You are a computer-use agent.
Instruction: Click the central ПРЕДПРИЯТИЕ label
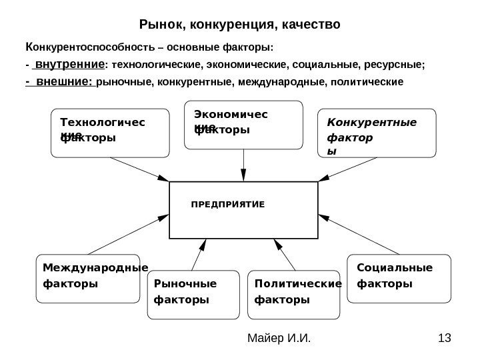(x=227, y=201)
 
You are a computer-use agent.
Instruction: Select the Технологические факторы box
(x=110, y=133)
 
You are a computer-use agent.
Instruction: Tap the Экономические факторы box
(x=243, y=124)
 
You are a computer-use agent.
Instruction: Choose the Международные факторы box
(x=87, y=279)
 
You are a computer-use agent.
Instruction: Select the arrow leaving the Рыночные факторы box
(x=196, y=256)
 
